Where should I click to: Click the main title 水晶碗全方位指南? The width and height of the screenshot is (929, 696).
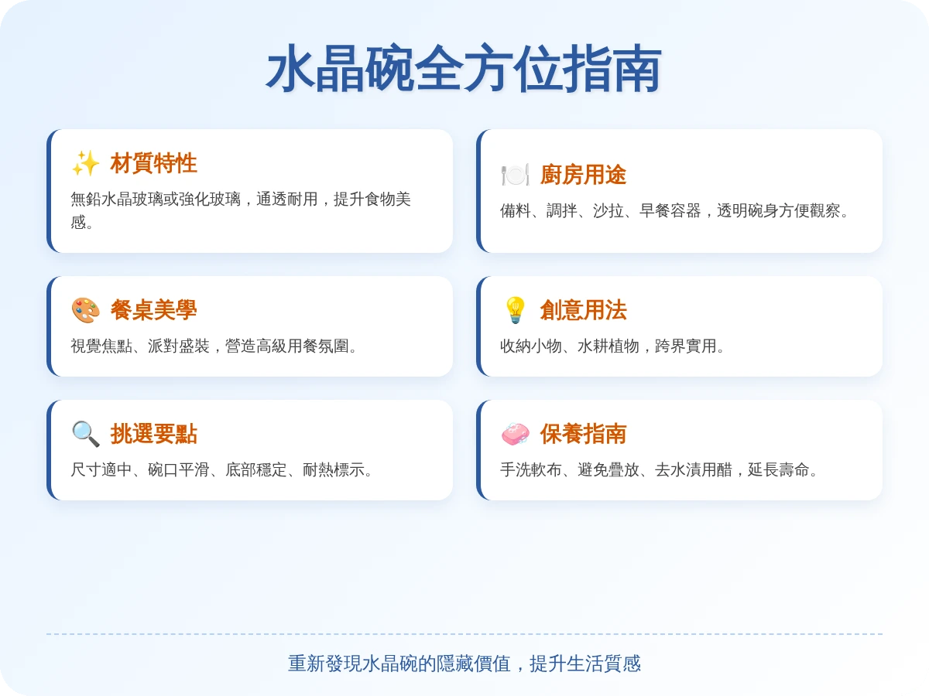coord(464,69)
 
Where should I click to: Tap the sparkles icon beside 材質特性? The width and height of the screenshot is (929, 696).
coord(85,163)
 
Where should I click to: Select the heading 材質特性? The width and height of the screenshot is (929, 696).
coord(153,163)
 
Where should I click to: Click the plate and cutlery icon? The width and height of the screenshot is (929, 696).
coord(515,175)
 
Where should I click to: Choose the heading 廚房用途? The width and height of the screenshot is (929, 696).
coord(583,175)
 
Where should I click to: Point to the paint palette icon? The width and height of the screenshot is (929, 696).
coord(85,310)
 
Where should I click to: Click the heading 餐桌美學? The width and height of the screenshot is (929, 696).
coord(153,310)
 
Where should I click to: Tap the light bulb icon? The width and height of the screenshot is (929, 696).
coord(515,310)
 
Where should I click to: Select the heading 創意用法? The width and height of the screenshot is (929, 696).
coord(583,310)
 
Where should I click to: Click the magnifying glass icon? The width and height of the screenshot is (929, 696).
coord(85,434)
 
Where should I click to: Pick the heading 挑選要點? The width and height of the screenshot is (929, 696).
coord(153,434)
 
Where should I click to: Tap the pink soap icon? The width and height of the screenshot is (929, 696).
coord(515,434)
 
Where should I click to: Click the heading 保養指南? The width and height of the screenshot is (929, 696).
coord(583,434)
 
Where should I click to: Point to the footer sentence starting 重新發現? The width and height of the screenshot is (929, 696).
coord(464,664)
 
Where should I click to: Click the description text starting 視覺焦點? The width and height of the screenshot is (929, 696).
coord(214,346)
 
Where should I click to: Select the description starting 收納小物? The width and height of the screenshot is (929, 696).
coord(612,346)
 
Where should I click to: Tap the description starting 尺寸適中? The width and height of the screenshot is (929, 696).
coord(221,470)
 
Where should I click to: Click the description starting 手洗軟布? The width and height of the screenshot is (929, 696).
coord(659,470)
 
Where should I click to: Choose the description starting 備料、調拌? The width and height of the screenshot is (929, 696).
coord(674,210)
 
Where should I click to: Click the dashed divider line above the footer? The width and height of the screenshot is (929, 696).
coord(464,634)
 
